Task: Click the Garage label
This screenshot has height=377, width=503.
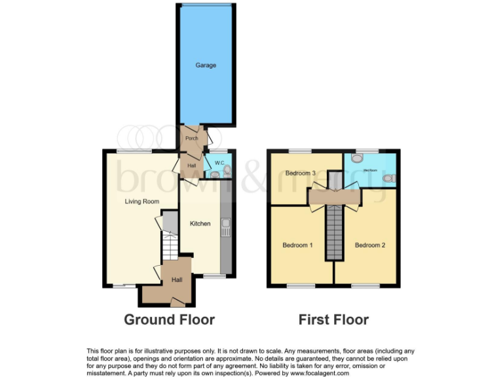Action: pyautogui.click(x=205, y=65)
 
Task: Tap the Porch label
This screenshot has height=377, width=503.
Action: pyautogui.click(x=191, y=139)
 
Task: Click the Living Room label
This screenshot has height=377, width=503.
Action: pyautogui.click(x=142, y=202)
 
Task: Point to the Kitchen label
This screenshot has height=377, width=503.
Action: pyautogui.click(x=200, y=224)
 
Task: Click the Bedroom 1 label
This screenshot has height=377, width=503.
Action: pyautogui.click(x=297, y=245)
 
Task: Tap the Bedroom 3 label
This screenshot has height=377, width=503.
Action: pyautogui.click(x=301, y=173)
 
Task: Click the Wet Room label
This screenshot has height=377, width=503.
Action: pyautogui.click(x=370, y=170)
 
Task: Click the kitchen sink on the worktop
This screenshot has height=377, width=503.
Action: pyautogui.click(x=226, y=228)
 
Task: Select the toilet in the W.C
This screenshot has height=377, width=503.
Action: pyautogui.click(x=227, y=170)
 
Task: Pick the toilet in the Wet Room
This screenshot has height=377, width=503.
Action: pyautogui.click(x=357, y=158)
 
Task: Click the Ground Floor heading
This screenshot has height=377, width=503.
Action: pyautogui.click(x=170, y=320)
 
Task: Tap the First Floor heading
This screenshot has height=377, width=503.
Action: pyautogui.click(x=333, y=320)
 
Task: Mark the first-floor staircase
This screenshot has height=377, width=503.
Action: pyautogui.click(x=334, y=232)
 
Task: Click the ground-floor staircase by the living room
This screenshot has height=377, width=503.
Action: pyautogui.click(x=170, y=249)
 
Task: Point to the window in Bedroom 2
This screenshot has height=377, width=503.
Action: pyautogui.click(x=365, y=286)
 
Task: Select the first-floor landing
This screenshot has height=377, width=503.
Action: pyautogui.click(x=334, y=196)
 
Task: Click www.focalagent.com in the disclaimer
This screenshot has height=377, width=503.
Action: pyautogui.click(x=318, y=373)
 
